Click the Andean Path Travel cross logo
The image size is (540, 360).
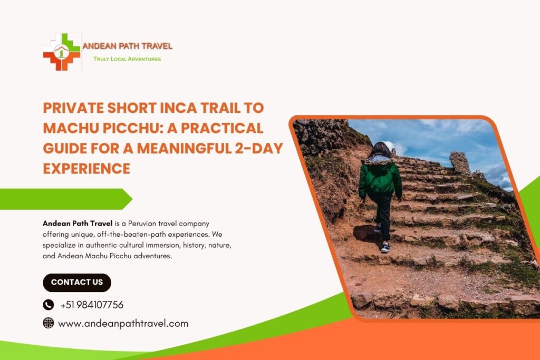tap(62, 52)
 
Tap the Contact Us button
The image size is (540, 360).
tap(77, 283)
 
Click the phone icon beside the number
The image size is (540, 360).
tap(49, 305)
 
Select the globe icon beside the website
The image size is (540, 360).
tap(49, 323)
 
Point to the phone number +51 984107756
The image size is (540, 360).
tap(92, 305)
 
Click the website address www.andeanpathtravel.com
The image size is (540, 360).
tap(123, 324)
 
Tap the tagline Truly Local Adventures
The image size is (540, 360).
tap(127, 59)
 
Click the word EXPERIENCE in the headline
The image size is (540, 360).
tap(86, 168)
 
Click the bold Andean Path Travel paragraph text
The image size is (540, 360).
tap(78, 224)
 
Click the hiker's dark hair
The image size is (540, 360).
tap(380, 151)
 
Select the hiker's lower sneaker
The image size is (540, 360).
tap(385, 247)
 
